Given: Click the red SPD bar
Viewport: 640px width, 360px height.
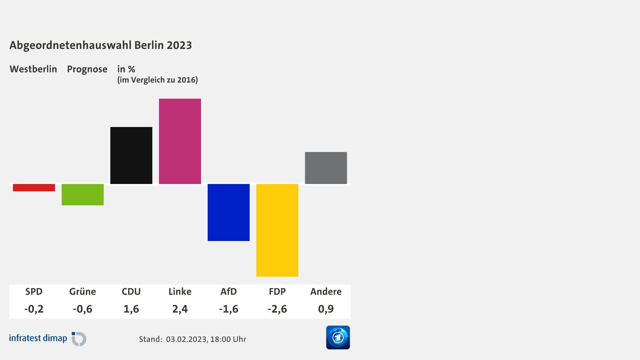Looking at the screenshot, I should tap(34, 188).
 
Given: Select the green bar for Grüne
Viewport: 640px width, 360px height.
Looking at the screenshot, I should tap(83, 195).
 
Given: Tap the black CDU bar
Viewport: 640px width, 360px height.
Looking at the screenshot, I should tap(131, 155).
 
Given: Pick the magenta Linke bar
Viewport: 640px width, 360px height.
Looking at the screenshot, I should tap(180, 141).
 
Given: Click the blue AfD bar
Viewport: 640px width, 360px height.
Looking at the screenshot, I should tap(229, 212).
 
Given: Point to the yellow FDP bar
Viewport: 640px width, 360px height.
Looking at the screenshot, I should tap(277, 230).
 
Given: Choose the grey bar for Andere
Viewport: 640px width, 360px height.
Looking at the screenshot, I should tap(326, 168).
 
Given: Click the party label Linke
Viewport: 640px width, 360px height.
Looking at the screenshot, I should tap(180, 291).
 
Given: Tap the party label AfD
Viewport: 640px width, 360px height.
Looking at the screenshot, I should tap(229, 291).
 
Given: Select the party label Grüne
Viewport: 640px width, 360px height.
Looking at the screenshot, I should tap(83, 291).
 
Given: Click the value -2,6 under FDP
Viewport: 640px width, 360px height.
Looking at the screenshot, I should tap(277, 309).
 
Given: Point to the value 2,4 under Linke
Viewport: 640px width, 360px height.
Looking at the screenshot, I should tap(180, 309).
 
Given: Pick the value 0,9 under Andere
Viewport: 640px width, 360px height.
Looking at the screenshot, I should tap(326, 309).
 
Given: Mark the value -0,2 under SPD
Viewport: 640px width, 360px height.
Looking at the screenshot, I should tap(34, 309).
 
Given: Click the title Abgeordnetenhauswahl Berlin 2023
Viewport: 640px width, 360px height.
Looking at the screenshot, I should tap(101, 45).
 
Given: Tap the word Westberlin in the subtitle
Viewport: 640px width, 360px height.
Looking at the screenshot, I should tap(33, 69).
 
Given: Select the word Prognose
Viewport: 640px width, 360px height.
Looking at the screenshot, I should tap(87, 69).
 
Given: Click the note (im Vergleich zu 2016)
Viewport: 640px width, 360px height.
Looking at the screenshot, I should tap(158, 80).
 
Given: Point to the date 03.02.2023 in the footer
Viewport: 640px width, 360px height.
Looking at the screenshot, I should tap(187, 339).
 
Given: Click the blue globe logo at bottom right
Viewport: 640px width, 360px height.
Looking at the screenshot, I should tap(338, 337).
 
